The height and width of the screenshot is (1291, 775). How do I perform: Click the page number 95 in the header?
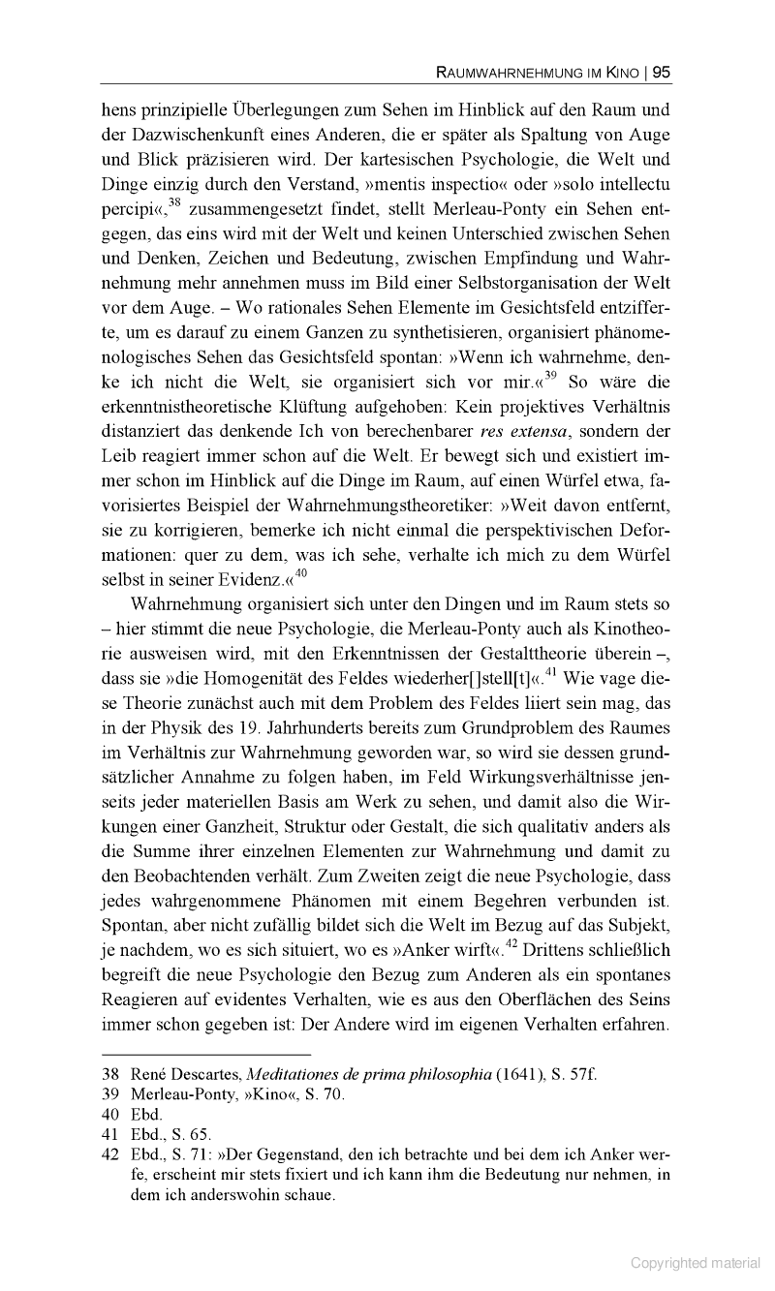(x=662, y=72)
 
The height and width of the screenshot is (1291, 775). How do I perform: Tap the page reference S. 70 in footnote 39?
(x=325, y=1095)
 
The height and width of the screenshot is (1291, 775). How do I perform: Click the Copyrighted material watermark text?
(x=696, y=1263)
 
